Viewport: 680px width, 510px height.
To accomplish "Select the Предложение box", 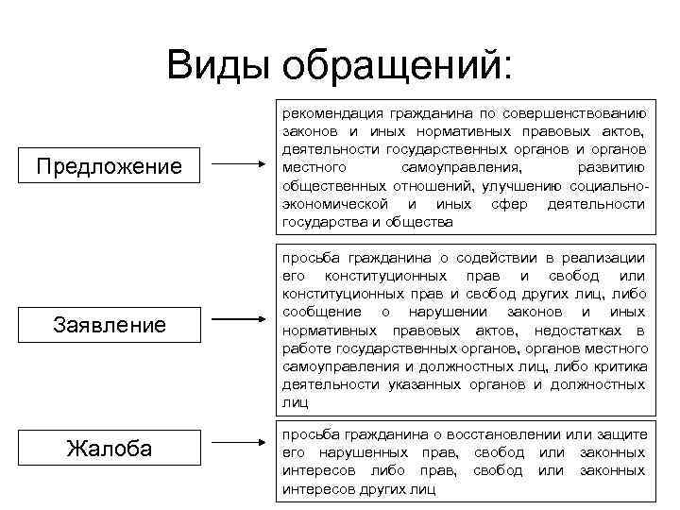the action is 108,167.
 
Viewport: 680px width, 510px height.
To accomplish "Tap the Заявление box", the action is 109,326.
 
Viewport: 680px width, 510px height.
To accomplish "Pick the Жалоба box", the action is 109,447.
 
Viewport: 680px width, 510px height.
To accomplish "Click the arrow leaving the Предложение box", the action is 239,166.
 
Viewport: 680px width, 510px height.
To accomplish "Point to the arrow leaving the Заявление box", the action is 239,325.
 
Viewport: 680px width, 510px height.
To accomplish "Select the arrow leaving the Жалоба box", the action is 239,440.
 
